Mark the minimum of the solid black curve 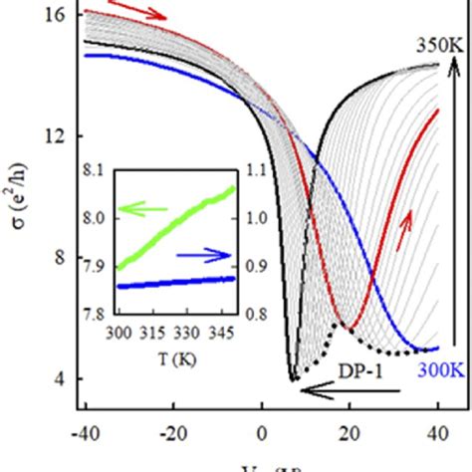[293, 379]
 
